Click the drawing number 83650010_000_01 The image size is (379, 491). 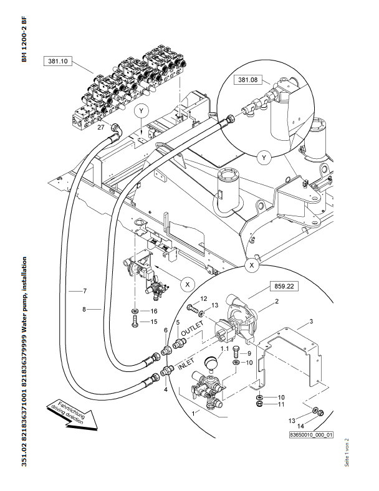(x=311, y=436)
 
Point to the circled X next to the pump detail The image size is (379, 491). (x=186, y=283)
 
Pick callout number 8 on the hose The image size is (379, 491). (x=84, y=308)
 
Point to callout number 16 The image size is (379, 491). (x=153, y=310)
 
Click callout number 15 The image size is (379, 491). (x=153, y=322)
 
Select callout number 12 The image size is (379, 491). (x=203, y=299)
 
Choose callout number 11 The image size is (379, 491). (x=281, y=404)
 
